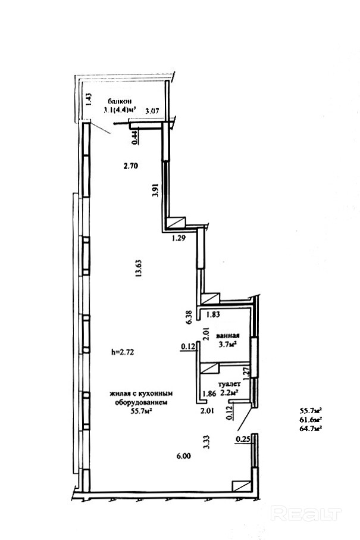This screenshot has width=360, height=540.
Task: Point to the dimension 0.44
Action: [135, 136]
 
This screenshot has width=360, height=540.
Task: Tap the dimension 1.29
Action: [179, 238]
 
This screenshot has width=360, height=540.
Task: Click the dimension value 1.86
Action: [209, 394]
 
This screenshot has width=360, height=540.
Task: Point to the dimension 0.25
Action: [243, 439]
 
